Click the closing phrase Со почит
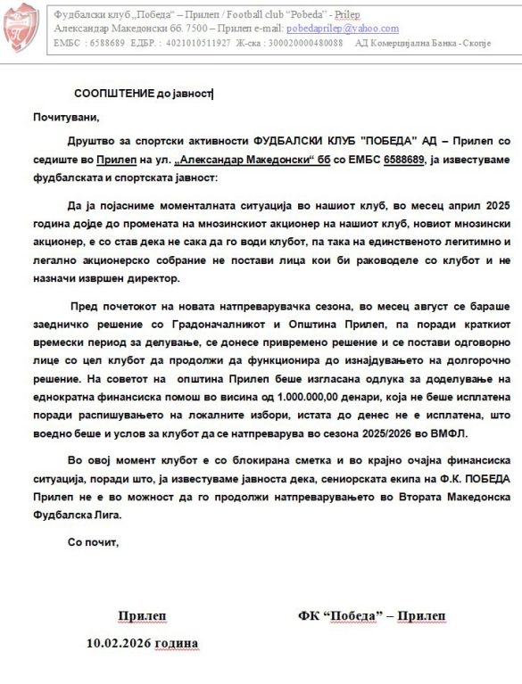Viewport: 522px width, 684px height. [92, 542]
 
